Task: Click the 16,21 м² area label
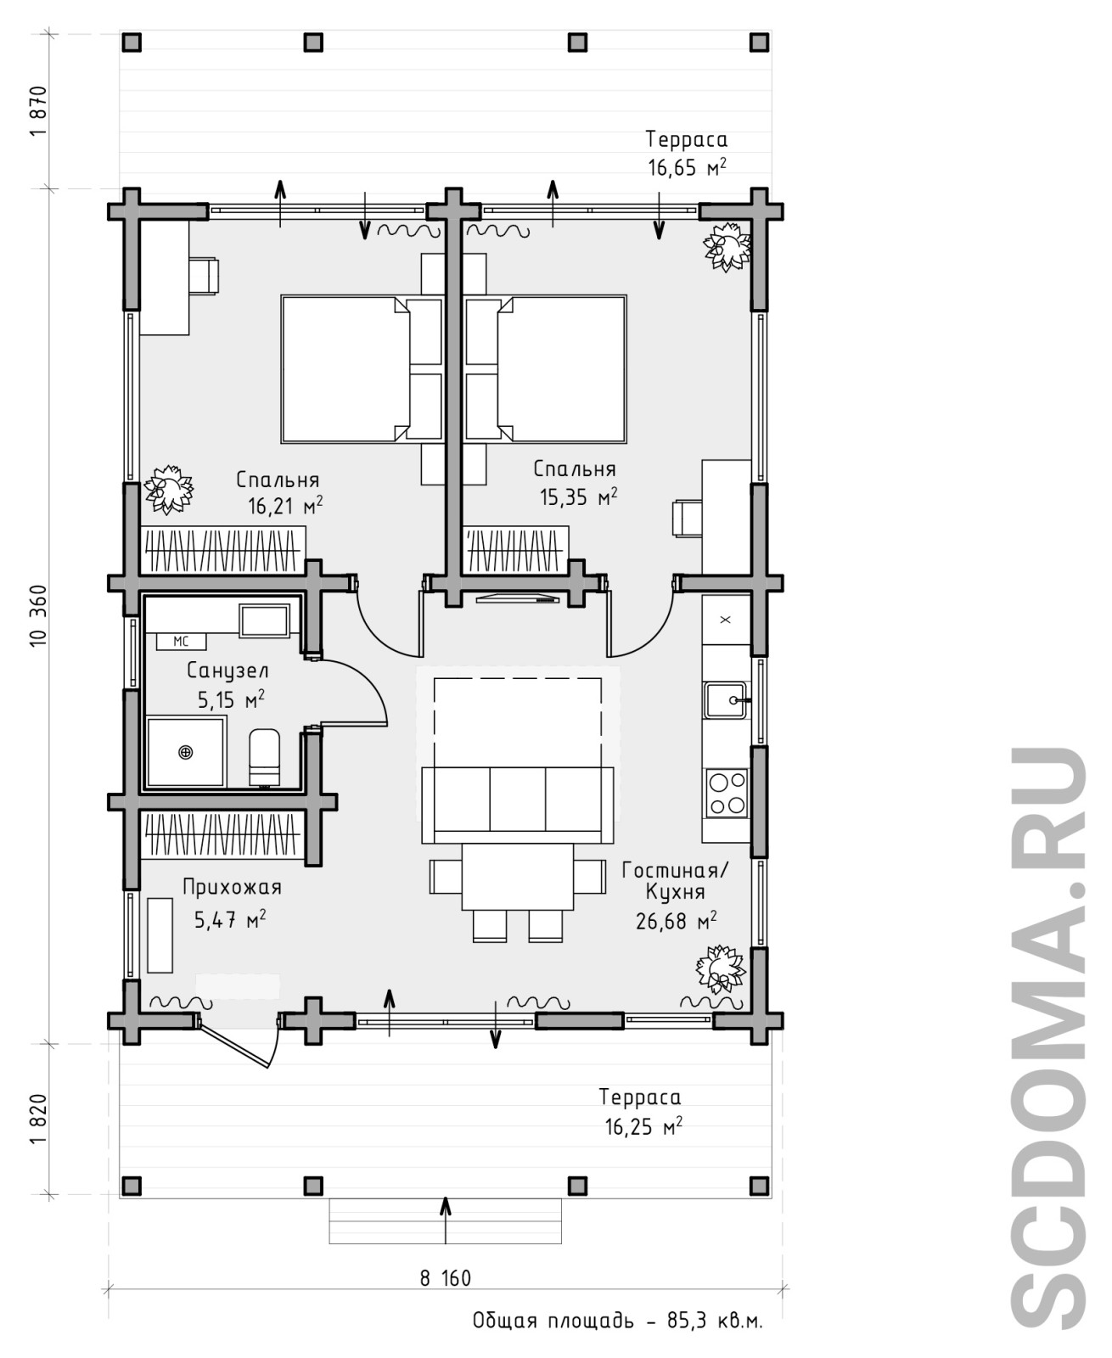click(x=285, y=506)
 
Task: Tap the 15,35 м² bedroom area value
click(x=578, y=497)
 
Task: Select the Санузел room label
click(x=228, y=671)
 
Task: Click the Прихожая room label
click(x=233, y=887)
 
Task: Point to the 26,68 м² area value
click(x=676, y=922)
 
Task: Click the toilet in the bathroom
click(x=264, y=757)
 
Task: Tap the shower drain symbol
click(x=185, y=752)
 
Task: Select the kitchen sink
click(x=726, y=700)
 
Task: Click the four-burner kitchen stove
click(x=727, y=794)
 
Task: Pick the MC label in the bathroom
click(x=181, y=642)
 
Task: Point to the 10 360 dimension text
click(x=39, y=615)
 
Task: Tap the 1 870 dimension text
click(x=39, y=110)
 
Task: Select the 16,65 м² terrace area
click(x=687, y=167)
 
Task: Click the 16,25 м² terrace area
click(x=643, y=1127)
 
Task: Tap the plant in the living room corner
click(x=721, y=968)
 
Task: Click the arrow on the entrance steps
click(x=445, y=1220)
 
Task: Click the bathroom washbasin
click(x=264, y=620)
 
